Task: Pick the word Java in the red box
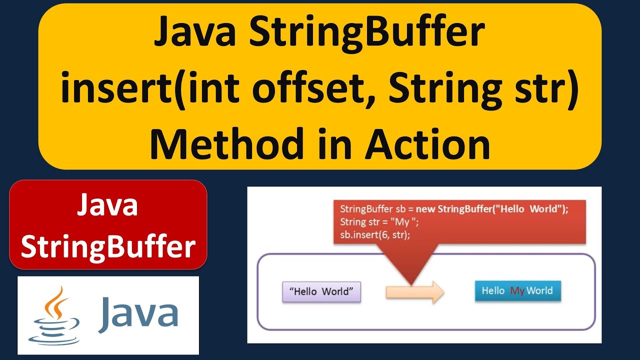107,205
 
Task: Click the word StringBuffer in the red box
107,247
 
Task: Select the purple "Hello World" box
321,291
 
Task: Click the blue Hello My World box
517,290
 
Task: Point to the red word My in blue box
517,290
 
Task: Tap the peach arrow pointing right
414,291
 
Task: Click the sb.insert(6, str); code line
375,234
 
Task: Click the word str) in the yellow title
547,90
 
